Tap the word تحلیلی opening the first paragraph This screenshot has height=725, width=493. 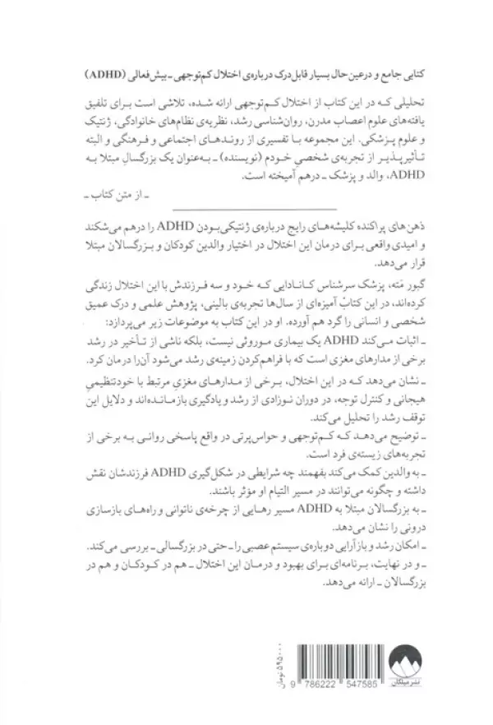(x=399, y=98)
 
